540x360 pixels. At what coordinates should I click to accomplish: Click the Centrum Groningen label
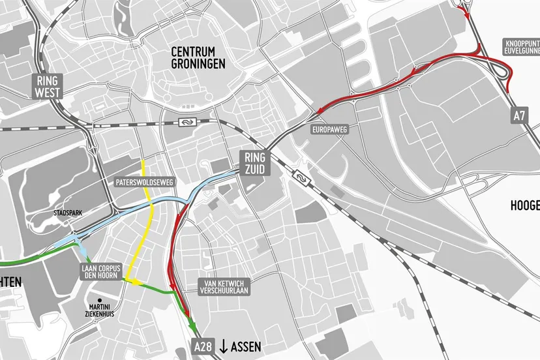198,57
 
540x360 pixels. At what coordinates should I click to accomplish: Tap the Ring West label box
48,85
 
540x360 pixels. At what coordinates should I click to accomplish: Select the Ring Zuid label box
256,162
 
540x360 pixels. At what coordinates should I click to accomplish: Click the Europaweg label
330,130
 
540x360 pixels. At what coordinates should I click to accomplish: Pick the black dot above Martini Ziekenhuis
101,301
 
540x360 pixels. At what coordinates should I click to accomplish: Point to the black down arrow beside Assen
222,346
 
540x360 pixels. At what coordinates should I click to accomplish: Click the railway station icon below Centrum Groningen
187,122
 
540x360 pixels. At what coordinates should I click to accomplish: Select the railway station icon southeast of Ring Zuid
301,175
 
